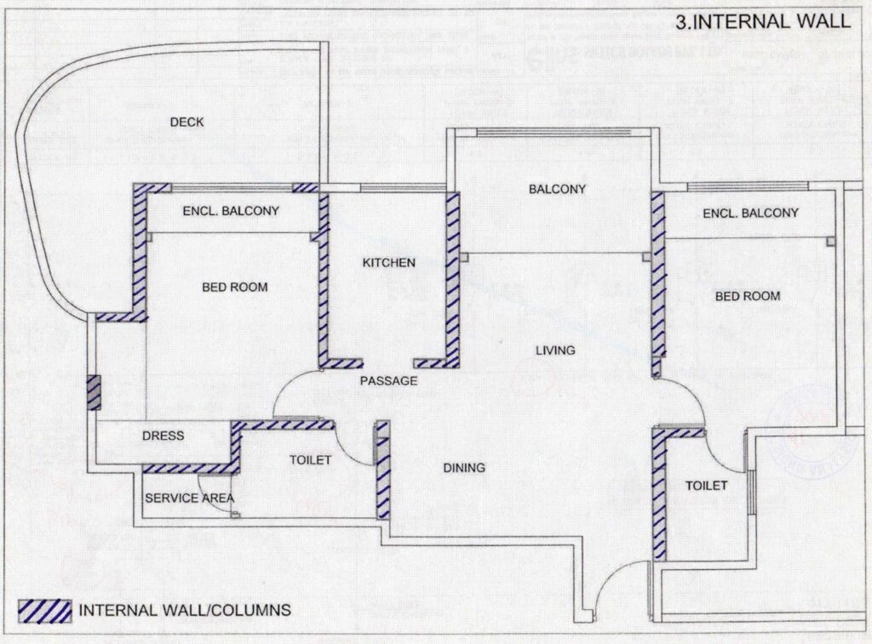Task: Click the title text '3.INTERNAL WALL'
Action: coord(762,21)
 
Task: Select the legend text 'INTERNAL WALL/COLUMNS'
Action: coord(185,610)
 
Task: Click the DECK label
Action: coord(186,123)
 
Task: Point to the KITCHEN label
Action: coord(389,263)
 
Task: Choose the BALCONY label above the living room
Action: coord(557,189)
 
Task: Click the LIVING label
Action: coord(555,350)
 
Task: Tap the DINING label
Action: coord(463,468)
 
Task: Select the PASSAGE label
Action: coord(388,381)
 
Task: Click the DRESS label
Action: coord(163,436)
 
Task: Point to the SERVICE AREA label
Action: coord(189,498)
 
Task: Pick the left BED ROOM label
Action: coord(234,288)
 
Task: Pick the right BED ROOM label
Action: coord(747,296)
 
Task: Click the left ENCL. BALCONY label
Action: coord(231,210)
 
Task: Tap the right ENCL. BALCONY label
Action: coord(750,213)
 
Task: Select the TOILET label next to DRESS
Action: coord(310,460)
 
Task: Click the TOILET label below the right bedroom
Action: coord(706,485)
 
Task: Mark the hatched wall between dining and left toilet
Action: coord(383,470)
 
